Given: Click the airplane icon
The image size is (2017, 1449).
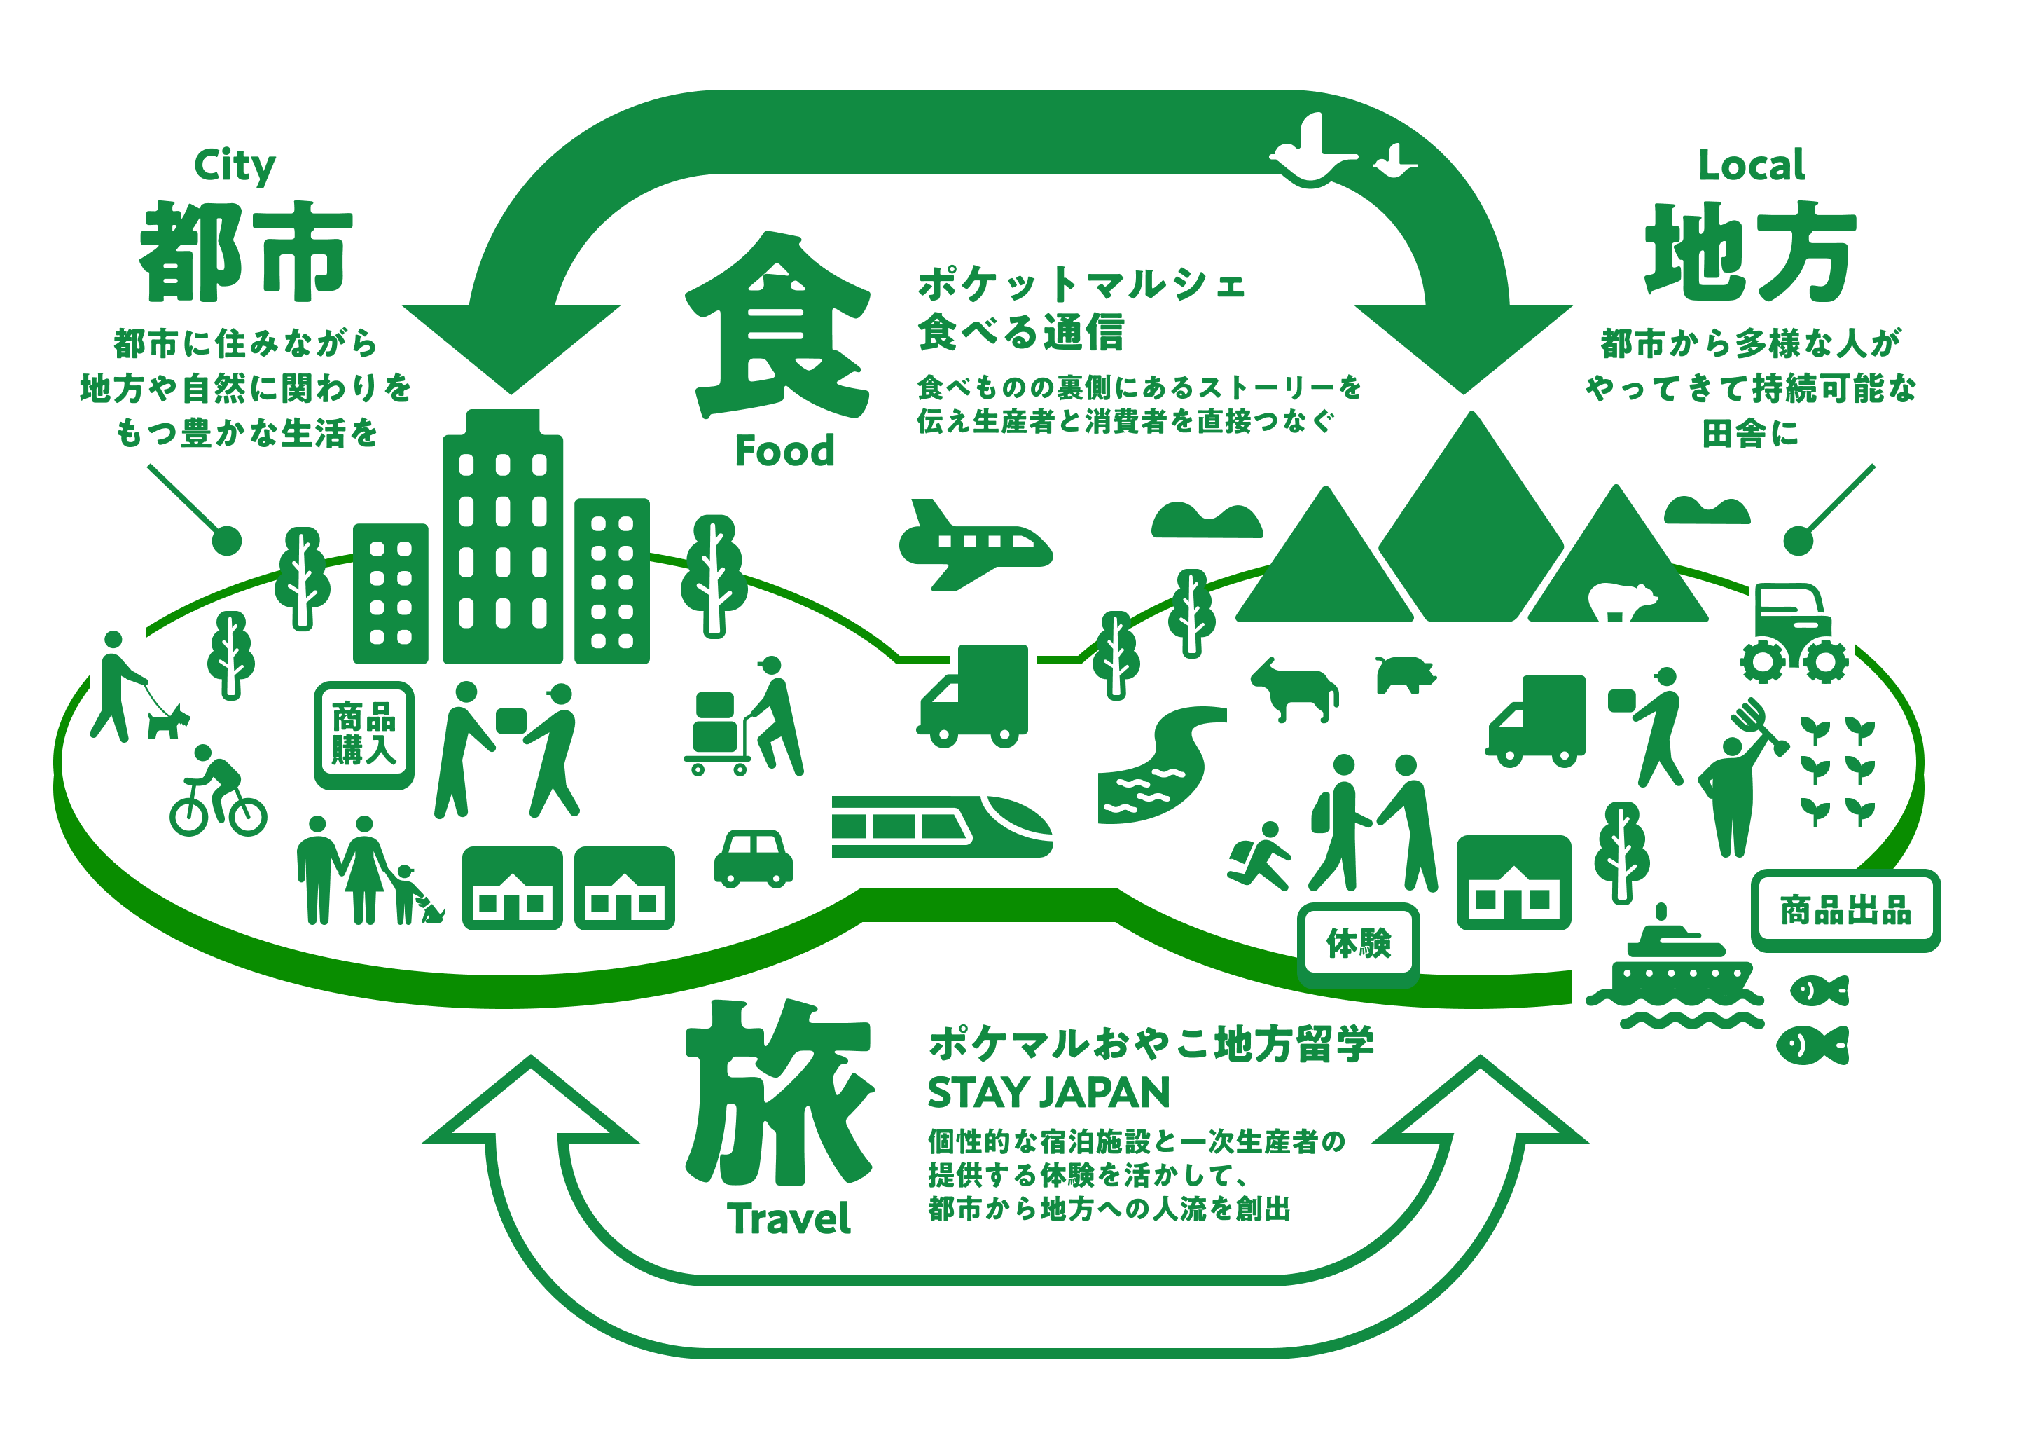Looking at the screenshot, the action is [x=975, y=544].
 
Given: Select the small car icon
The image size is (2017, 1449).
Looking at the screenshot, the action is [x=754, y=858].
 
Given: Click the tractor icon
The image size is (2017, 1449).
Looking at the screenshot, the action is [x=1794, y=633].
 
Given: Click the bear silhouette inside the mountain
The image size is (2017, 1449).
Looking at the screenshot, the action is [x=1621, y=602].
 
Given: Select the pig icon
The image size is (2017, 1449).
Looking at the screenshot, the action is [x=1404, y=674].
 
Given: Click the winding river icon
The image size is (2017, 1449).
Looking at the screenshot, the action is [x=1156, y=765].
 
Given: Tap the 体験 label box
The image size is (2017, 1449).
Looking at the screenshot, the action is [x=1358, y=944].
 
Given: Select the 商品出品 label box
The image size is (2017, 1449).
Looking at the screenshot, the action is [x=1845, y=911].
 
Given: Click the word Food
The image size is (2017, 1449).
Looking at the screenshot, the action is [x=784, y=451].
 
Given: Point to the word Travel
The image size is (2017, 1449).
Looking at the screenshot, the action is [x=789, y=1218].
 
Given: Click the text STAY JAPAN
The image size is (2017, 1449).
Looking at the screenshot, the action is [x=1048, y=1092].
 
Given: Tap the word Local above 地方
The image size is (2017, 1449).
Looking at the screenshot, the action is [x=1751, y=165].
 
